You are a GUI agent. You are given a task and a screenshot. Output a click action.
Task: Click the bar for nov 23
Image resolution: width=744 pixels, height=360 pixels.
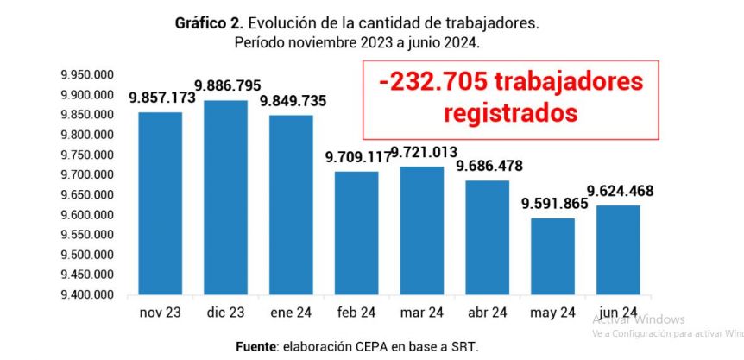160,203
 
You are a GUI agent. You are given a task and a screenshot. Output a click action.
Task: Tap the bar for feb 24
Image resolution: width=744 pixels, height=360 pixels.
356,232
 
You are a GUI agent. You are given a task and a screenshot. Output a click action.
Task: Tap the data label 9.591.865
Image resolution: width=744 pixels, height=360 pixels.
554,205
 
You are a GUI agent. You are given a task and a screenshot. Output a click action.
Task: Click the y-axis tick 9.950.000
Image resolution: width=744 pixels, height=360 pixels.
87,75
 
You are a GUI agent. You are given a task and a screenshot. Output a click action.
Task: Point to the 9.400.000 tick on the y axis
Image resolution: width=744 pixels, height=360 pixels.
87,295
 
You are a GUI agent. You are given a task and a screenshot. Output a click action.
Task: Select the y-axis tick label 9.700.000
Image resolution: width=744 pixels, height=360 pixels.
87,175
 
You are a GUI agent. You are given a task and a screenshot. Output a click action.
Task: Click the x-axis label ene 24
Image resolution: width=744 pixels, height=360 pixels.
291,312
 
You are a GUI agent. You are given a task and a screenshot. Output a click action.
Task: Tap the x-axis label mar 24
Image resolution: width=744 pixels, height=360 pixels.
422,312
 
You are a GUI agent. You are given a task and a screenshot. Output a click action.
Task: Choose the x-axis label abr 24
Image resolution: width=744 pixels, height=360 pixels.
487,312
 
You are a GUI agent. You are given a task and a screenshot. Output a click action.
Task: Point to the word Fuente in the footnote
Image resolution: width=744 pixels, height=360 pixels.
255,346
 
